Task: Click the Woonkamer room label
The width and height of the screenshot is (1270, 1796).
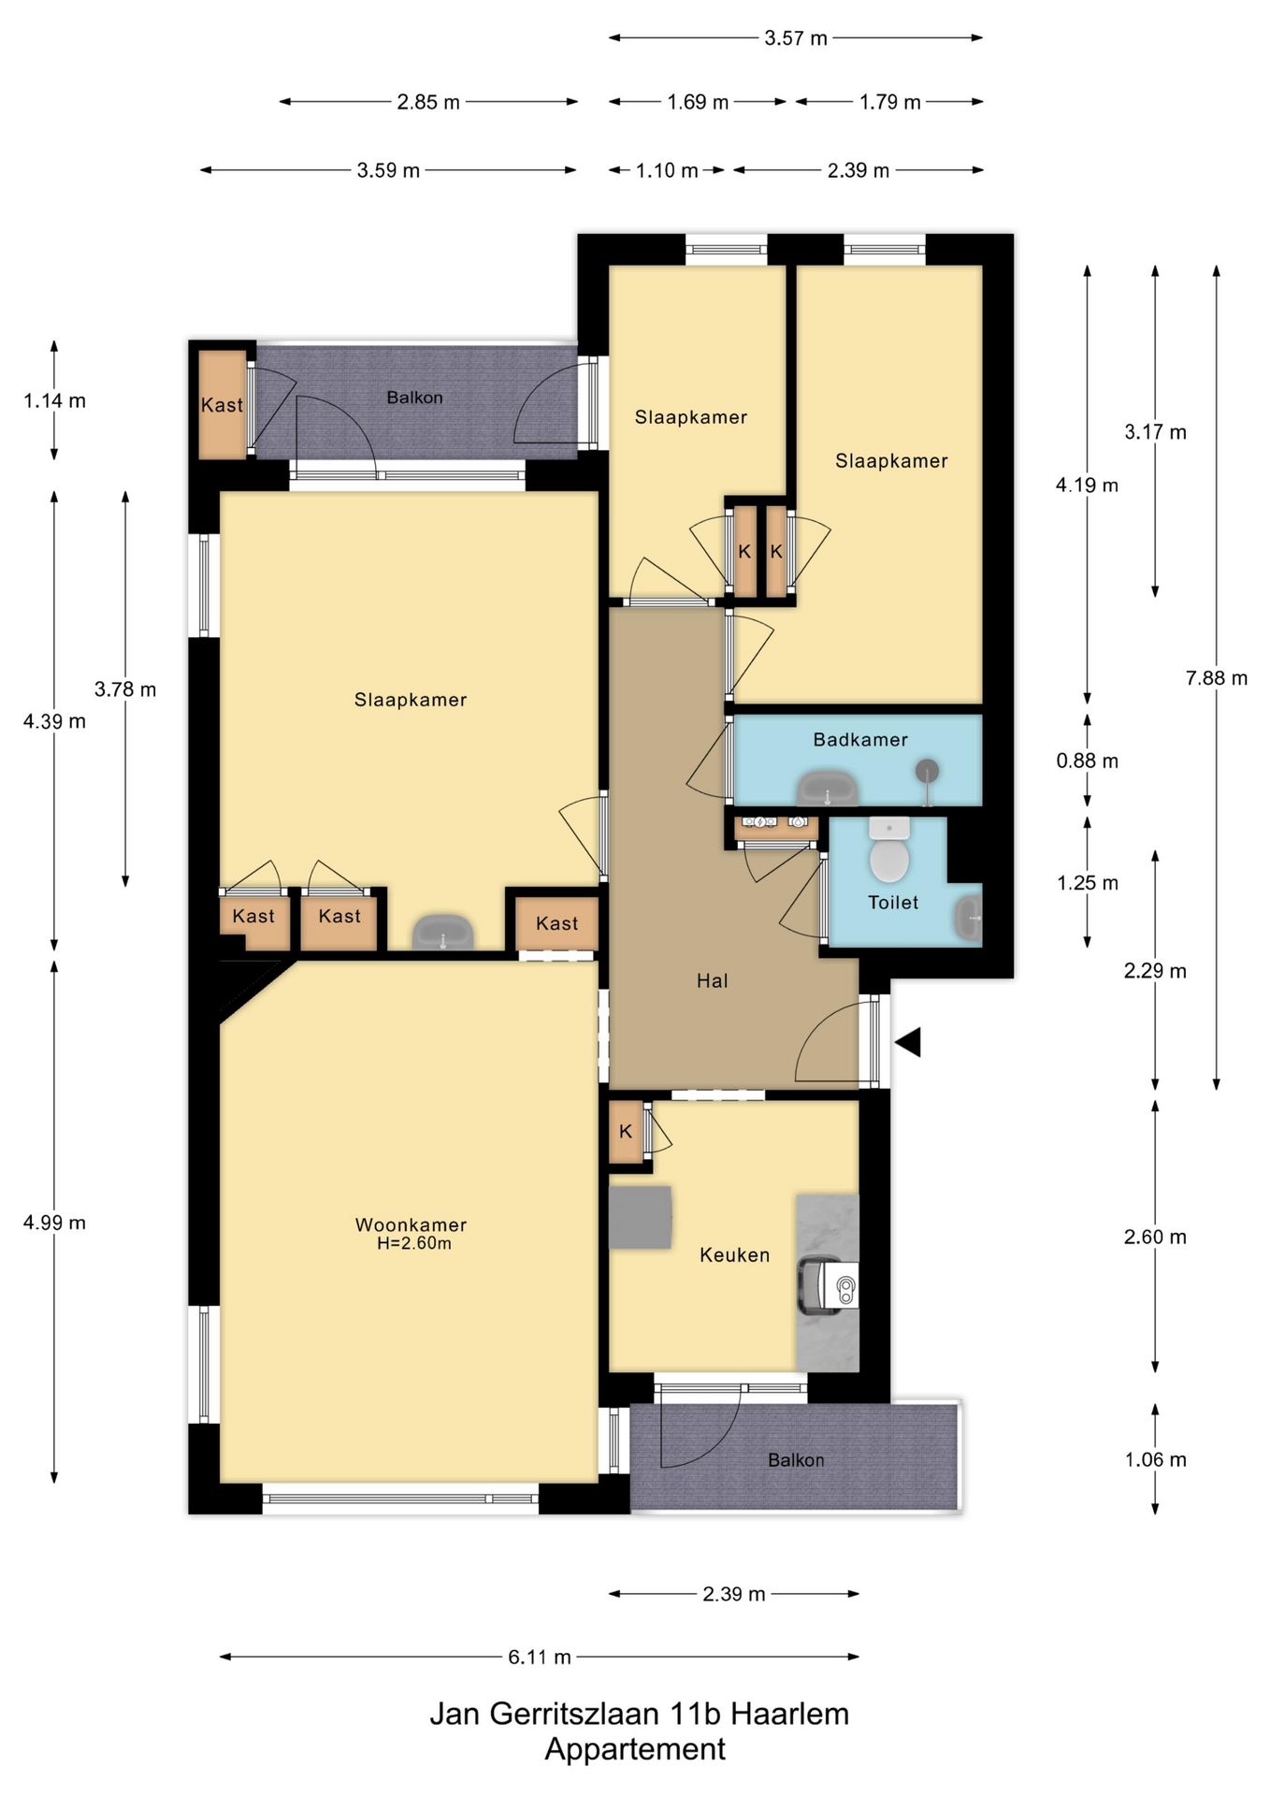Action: point(411,1224)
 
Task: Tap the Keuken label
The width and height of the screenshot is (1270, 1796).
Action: point(735,1255)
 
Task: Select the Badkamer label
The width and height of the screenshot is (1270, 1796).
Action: point(860,740)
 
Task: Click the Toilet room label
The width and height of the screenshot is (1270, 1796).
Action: point(893,903)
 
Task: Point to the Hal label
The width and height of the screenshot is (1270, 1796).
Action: point(713,981)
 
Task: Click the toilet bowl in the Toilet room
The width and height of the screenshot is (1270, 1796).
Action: point(888,851)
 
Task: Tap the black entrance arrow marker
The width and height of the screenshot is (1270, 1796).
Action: point(908,1042)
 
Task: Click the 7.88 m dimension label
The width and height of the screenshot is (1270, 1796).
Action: point(1217,678)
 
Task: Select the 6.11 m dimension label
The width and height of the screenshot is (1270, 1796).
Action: point(540,1658)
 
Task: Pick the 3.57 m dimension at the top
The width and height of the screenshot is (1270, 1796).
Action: point(796,38)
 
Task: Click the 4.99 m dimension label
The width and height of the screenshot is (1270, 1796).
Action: point(54,1223)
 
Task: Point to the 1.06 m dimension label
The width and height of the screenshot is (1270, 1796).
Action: point(1156,1460)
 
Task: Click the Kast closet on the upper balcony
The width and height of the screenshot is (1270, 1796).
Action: point(223,405)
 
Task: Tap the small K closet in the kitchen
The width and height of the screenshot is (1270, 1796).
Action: point(626,1132)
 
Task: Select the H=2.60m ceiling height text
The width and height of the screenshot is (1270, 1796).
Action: point(414,1244)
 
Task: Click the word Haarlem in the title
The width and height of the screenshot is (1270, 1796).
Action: point(790,1715)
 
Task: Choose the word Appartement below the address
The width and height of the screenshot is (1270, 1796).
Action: point(635,1750)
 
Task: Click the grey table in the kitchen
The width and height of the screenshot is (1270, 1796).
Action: point(641,1217)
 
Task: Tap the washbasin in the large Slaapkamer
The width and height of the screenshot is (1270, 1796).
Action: point(443,933)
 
